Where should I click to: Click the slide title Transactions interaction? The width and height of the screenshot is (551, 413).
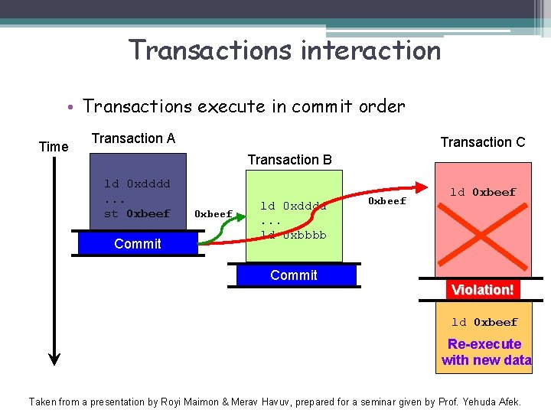(x=285, y=50)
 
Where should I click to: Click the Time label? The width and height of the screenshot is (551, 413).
(x=54, y=146)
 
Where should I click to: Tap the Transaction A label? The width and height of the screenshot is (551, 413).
(x=133, y=138)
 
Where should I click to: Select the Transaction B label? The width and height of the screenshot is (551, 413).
(x=289, y=159)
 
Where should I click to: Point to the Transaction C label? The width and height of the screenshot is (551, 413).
(x=482, y=141)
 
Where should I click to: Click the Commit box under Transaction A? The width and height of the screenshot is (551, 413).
(x=138, y=243)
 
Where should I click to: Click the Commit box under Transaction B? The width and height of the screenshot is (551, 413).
(x=294, y=275)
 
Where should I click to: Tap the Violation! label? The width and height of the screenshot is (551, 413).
(x=482, y=290)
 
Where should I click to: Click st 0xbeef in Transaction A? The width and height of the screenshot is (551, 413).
(x=137, y=213)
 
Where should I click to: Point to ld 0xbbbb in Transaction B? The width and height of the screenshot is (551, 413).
(x=293, y=235)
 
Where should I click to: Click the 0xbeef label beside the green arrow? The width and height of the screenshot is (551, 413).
(x=213, y=214)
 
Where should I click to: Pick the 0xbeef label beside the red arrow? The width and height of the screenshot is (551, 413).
(x=387, y=201)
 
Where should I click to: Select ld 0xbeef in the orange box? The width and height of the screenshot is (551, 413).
(x=484, y=322)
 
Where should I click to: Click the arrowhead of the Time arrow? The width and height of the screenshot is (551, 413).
(x=54, y=357)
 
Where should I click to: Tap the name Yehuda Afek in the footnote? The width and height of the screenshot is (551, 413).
(x=497, y=401)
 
